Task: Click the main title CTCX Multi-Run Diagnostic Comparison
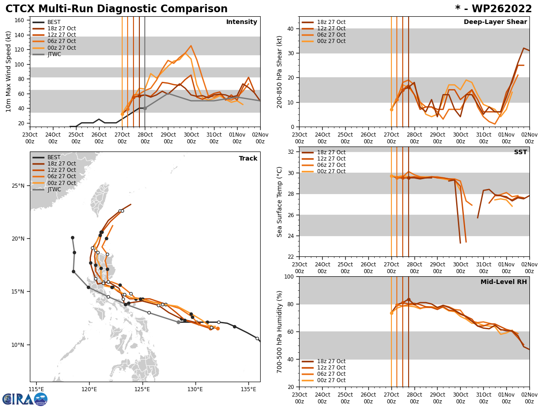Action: point(116,9)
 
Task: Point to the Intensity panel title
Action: point(242,22)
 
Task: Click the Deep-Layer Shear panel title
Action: point(495,22)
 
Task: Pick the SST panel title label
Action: point(520,152)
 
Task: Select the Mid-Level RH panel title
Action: point(504,282)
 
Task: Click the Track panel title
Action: point(248,159)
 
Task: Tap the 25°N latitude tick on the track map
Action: point(18,186)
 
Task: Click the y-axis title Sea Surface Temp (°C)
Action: point(280,202)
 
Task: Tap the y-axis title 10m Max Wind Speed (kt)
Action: point(9,71)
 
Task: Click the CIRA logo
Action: point(24,399)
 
